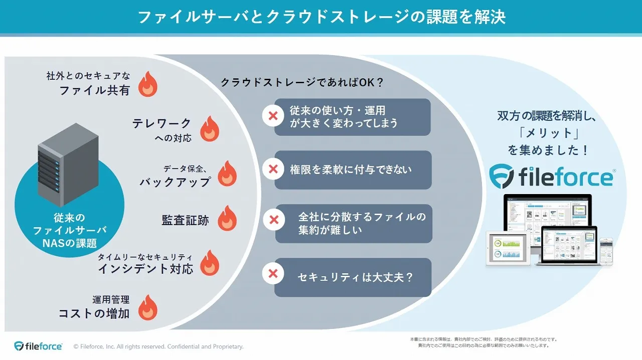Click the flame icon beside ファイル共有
click(x=148, y=83)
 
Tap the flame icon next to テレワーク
click(x=210, y=129)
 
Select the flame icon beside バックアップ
click(x=227, y=173)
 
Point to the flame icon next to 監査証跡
click(x=227, y=218)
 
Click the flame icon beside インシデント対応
click(x=210, y=263)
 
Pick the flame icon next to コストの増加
click(x=148, y=307)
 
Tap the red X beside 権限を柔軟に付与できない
click(x=273, y=169)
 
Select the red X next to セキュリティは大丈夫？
click(x=273, y=274)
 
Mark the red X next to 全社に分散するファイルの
click(x=273, y=220)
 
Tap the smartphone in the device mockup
click(x=606, y=251)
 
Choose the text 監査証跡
click(x=185, y=220)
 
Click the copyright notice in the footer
click(x=158, y=346)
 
